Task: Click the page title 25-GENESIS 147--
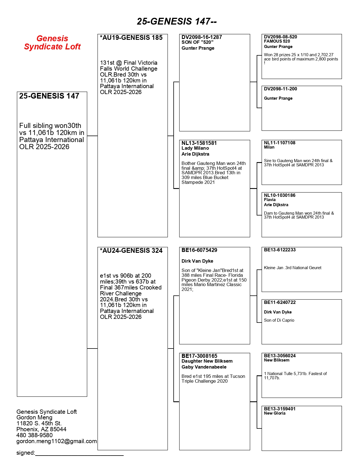(x=177, y=21)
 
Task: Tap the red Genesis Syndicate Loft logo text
(x=52, y=43)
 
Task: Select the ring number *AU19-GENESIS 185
(x=131, y=38)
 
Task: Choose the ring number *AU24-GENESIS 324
(x=131, y=251)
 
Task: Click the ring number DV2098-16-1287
(x=202, y=37)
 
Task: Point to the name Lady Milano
(x=195, y=148)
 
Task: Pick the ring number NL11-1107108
(x=280, y=143)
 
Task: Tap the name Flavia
(x=270, y=200)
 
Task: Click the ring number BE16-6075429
(x=199, y=250)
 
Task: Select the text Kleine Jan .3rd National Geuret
(x=293, y=268)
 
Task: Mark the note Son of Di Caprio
(x=279, y=320)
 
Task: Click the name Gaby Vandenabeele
(x=204, y=367)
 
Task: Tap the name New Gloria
(x=275, y=413)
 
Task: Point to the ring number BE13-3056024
(x=280, y=356)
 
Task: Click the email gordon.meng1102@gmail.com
(x=56, y=441)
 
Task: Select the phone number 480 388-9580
(x=34, y=435)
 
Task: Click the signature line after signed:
(x=79, y=454)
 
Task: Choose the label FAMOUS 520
(x=277, y=41)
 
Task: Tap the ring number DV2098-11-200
(x=280, y=89)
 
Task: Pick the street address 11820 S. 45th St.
(x=39, y=423)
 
